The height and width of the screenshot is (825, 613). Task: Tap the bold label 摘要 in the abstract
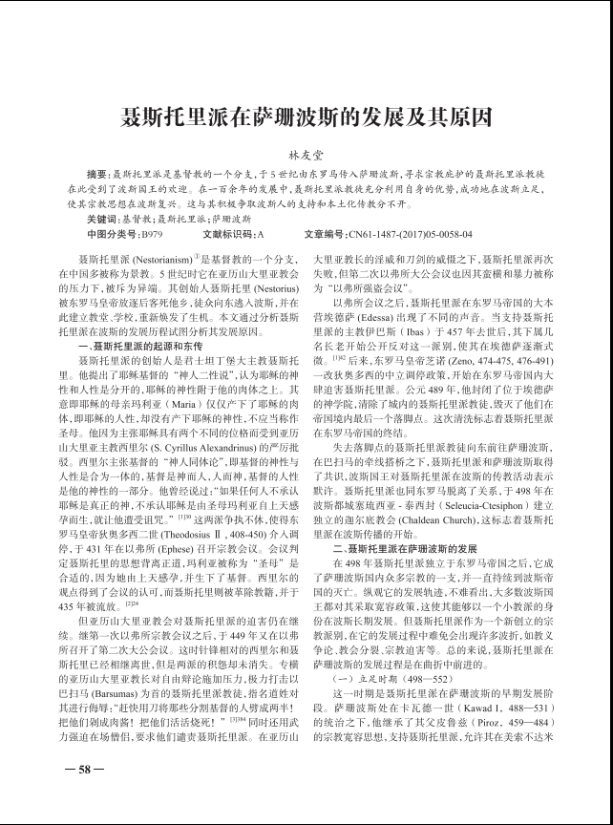coord(96,177)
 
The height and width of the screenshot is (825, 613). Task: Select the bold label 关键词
coord(99,218)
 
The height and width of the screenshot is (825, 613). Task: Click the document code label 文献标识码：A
coord(234,232)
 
